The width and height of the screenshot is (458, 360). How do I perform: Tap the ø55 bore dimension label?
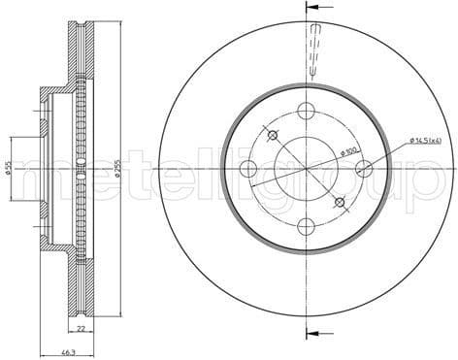[9, 168]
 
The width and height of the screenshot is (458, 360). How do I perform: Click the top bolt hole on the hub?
[306, 110]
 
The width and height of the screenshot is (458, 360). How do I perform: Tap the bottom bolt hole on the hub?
[306, 226]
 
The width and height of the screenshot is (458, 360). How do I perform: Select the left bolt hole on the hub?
[248, 168]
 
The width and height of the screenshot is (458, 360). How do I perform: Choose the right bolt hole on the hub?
[364, 168]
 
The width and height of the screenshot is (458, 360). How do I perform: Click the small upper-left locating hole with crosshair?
[273, 135]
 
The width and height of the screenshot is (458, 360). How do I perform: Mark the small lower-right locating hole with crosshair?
[340, 202]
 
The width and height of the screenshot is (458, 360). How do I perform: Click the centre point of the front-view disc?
[306, 168]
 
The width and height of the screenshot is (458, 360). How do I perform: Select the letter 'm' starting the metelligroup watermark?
[29, 179]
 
